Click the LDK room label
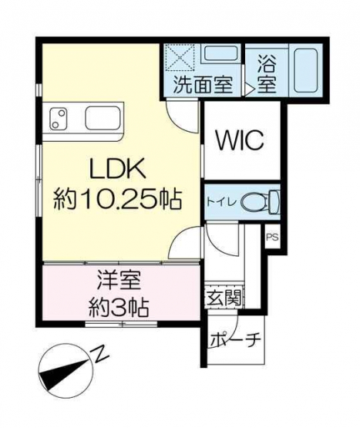coord(117,171)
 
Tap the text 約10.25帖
coord(117,199)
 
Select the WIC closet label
coord(240,140)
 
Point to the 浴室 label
coord(267,74)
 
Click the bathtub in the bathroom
coord(306,70)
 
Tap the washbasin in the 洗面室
coord(220,53)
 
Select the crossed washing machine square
coord(180,57)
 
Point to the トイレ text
coord(221,202)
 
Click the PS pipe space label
coord(272,238)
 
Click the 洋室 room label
coord(119,281)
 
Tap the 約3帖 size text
coord(119,308)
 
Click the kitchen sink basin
coord(103,119)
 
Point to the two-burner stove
coord(59,119)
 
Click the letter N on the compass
coord(100,354)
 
